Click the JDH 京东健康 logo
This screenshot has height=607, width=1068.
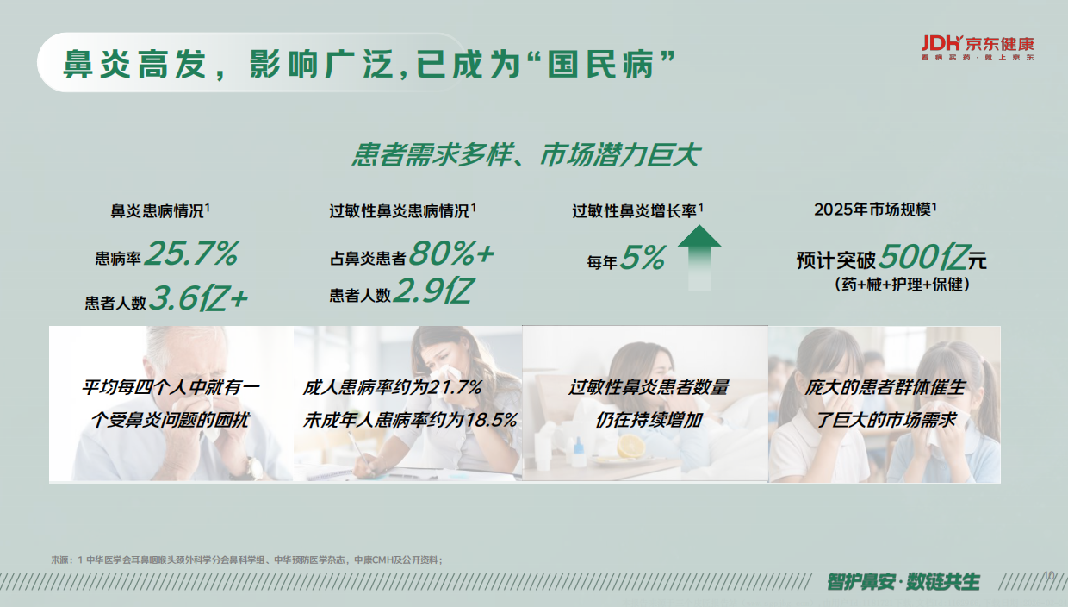(976, 47)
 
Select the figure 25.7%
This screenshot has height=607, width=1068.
(191, 254)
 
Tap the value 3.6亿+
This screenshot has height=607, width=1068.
(199, 298)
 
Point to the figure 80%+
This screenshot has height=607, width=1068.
(451, 253)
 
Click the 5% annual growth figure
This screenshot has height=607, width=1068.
(643, 258)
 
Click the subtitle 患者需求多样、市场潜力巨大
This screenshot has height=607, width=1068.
(526, 156)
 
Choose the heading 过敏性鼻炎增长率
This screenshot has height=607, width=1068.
(636, 210)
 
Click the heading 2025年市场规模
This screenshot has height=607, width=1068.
(873, 210)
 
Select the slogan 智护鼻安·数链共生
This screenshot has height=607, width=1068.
(903, 581)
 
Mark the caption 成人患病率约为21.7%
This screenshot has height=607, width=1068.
(393, 388)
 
